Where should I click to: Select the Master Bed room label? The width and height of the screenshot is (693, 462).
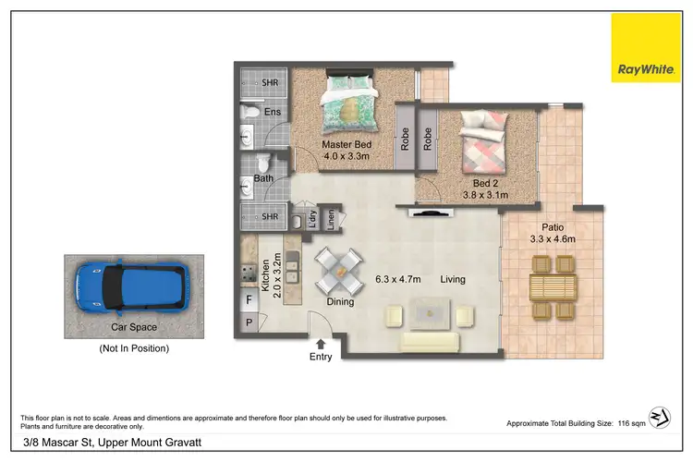pos(346,146)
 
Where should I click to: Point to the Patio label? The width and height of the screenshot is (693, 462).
pos(553,227)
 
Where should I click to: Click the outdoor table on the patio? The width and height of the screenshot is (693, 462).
pos(553,286)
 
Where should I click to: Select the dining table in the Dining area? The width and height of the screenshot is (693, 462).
pos(338,272)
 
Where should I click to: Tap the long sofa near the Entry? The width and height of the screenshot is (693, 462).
pos(429,343)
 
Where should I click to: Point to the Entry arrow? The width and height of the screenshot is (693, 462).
pos(321,345)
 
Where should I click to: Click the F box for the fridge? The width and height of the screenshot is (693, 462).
pos(249,299)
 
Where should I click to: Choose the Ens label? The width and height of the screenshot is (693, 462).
pos(273,113)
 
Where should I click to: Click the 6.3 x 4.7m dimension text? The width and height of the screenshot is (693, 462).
pos(397,279)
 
